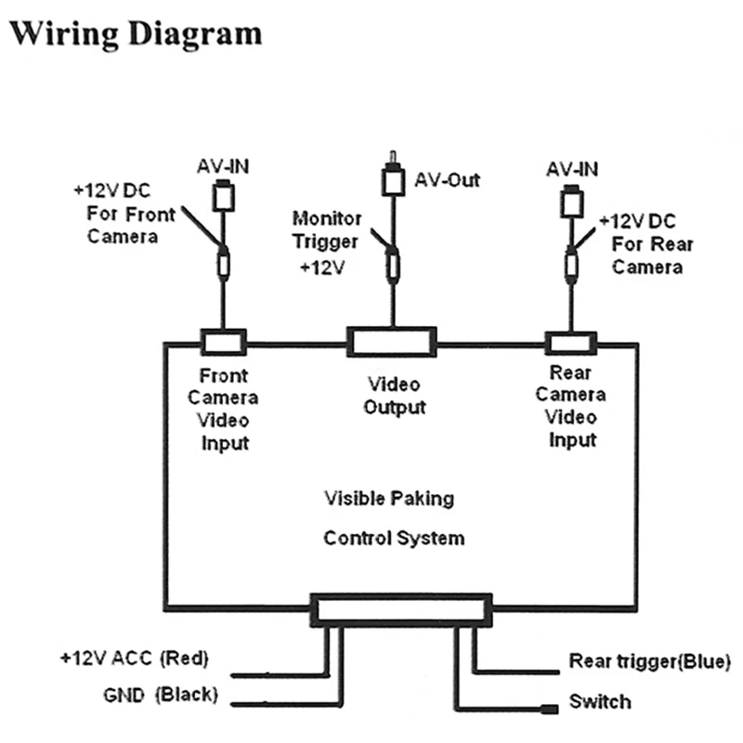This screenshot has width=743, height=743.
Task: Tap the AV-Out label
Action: tap(447, 179)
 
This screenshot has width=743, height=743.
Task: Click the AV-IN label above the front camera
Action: tap(223, 168)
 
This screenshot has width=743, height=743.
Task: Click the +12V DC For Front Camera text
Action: tap(126, 214)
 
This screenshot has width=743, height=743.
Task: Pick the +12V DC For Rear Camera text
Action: tap(650, 243)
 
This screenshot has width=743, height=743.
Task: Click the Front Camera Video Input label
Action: tap(224, 409)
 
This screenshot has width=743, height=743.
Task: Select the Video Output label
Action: tap(393, 395)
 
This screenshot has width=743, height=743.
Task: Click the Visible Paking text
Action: tap(389, 498)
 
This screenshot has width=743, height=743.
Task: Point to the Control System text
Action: tap(394, 538)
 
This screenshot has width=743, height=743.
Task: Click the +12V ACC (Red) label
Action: tap(136, 658)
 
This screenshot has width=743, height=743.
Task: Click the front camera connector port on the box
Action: tap(223, 342)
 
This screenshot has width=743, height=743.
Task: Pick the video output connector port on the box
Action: tap(392, 341)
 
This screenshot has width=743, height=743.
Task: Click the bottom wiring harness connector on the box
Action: tap(400, 610)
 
